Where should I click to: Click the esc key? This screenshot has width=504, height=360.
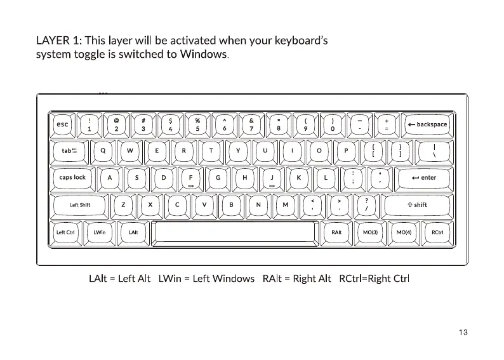pos(62,124)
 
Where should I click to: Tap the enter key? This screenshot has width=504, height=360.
pos(424,178)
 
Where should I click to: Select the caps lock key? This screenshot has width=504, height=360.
pos(72,178)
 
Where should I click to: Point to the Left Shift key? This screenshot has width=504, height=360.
pos(79,205)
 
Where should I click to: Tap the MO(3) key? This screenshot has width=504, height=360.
pos(370,232)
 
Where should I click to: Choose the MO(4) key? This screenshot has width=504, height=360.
pos(404,232)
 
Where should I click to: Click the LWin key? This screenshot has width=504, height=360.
pos(100,232)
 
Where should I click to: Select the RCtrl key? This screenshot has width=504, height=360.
pos(437,232)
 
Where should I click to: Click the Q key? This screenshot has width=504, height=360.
pos(103,151)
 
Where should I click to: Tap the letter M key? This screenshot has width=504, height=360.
pos(286,205)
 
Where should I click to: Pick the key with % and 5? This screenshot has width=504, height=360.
pos(198,124)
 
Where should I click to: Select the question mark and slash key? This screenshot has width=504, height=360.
pos(367,205)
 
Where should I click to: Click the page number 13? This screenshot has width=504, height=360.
pos(462,332)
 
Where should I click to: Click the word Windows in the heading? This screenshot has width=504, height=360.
pos(203,55)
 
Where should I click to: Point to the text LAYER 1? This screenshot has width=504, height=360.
pos(58,41)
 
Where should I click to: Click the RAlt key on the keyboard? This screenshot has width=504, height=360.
pos(336,232)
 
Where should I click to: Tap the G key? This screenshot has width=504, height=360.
pos(218,178)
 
